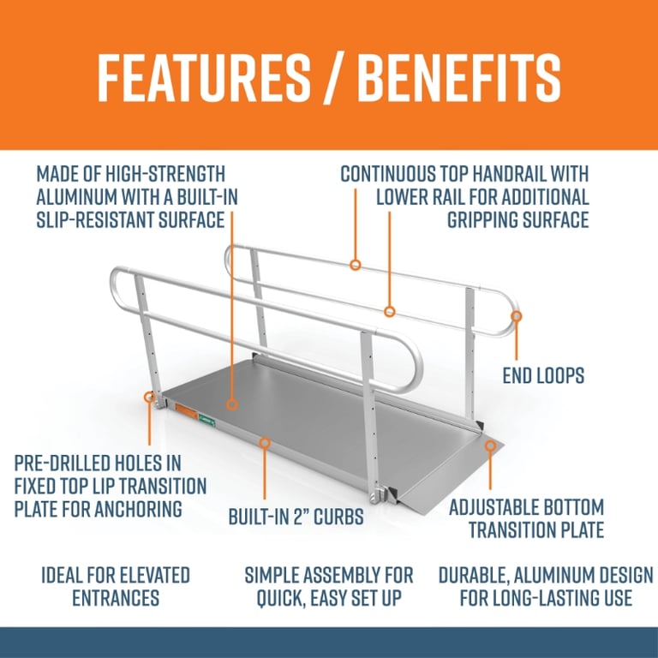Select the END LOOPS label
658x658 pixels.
[x=542, y=374]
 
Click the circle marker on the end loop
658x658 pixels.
[x=516, y=316]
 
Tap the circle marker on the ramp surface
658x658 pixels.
[x=232, y=403]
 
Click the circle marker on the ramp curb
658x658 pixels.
[x=265, y=443]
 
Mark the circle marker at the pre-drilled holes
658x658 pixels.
[x=151, y=398]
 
